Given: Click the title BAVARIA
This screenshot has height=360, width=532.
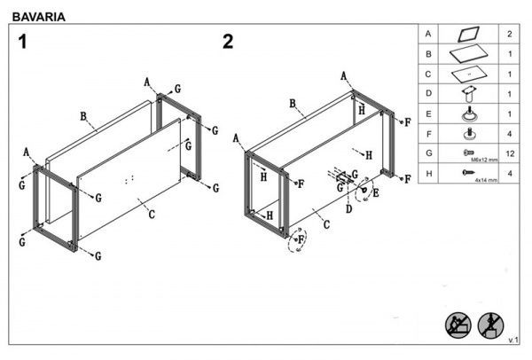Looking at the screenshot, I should pyautogui.click(x=37, y=15).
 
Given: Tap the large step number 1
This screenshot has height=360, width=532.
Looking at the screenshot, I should pyautogui.click(x=24, y=41).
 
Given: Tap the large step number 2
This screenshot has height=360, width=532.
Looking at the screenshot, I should pyautogui.click(x=228, y=41).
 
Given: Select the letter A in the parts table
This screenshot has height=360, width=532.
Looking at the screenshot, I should pyautogui.click(x=428, y=34).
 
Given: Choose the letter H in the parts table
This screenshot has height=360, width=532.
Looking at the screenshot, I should pyautogui.click(x=428, y=175).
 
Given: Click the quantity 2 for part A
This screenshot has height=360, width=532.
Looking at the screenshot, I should pyautogui.click(x=509, y=34).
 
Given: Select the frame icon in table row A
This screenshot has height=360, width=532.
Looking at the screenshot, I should pyautogui.click(x=467, y=34).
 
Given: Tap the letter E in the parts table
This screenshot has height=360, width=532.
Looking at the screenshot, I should pyautogui.click(x=428, y=114).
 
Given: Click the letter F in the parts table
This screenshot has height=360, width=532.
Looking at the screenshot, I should pyautogui.click(x=428, y=135).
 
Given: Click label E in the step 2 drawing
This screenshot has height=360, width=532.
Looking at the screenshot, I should pyautogui.click(x=376, y=192).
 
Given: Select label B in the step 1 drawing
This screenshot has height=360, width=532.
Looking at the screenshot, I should pyautogui.click(x=82, y=115).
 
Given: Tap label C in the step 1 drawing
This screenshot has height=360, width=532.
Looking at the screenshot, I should pyautogui.click(x=152, y=214).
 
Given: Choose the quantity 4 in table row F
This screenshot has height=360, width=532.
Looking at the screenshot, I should pyautogui.click(x=509, y=135).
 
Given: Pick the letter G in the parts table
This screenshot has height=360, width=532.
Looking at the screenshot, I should pyautogui.click(x=428, y=154).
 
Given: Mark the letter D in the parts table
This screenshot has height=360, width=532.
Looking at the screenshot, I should pyautogui.click(x=428, y=94).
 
